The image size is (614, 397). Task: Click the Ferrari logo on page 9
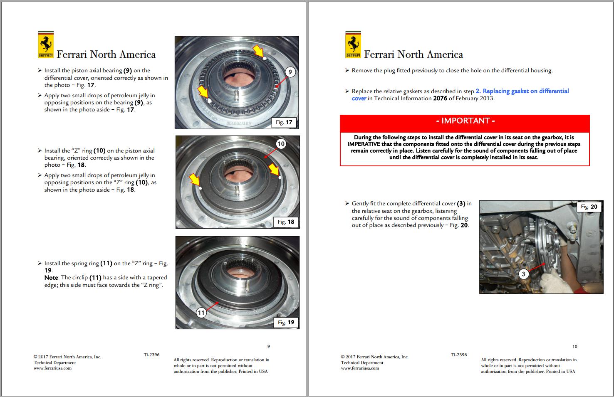(46, 44)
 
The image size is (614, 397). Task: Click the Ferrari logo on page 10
(353, 44)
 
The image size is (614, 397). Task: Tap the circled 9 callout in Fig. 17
(290, 72)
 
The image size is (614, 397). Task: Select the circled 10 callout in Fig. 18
(281, 144)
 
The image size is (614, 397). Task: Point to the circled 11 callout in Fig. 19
(201, 313)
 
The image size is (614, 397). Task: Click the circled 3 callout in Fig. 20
(523, 274)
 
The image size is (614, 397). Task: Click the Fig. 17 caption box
(284, 122)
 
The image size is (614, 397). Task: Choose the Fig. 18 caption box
(286, 222)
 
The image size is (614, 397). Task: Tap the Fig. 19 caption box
(286, 322)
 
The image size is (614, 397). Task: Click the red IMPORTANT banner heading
(465, 121)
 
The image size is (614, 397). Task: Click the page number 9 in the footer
(268, 346)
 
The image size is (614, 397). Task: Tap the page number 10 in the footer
(574, 346)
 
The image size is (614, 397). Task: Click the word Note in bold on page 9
(51, 278)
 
